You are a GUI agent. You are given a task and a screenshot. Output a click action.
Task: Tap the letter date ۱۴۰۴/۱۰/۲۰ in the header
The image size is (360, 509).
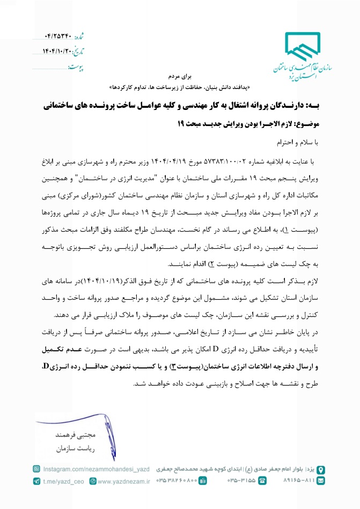click(x=57, y=51)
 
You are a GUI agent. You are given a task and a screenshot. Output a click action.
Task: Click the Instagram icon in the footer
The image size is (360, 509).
click(x=37, y=469)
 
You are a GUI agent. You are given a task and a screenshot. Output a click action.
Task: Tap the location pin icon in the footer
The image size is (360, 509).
click(x=321, y=470)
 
